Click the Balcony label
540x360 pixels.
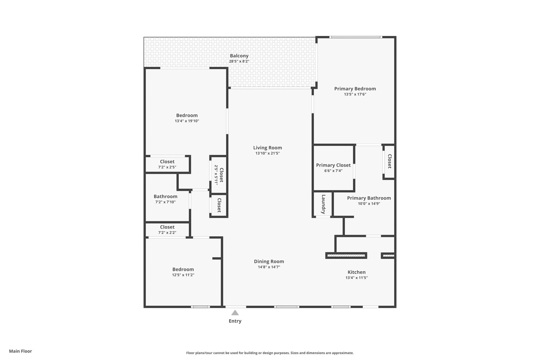pos(239,56)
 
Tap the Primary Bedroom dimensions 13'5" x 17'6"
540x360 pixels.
pos(355,94)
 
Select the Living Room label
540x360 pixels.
pos(267,147)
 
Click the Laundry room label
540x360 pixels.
pos(323,204)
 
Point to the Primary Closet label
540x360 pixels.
pos(333,165)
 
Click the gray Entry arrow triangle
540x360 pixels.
pos(235,313)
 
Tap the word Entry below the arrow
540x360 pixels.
pos(235,321)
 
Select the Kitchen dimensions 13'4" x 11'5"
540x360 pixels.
pos(356,278)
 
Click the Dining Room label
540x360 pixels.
pos(269,261)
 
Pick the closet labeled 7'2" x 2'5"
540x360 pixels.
pos(167,164)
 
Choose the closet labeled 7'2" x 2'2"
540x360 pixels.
pos(167,230)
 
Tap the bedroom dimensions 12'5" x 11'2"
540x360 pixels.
pos(183,275)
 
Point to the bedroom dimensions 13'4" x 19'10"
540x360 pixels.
pos(187,121)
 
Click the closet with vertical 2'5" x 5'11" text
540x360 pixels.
pos(219,175)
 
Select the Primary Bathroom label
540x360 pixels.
pos(369,198)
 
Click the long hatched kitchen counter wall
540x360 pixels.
pos(346,256)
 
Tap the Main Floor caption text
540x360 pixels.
pos(21,351)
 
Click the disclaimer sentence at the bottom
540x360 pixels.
pos(270,353)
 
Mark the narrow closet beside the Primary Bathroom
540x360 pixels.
pos(389,161)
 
